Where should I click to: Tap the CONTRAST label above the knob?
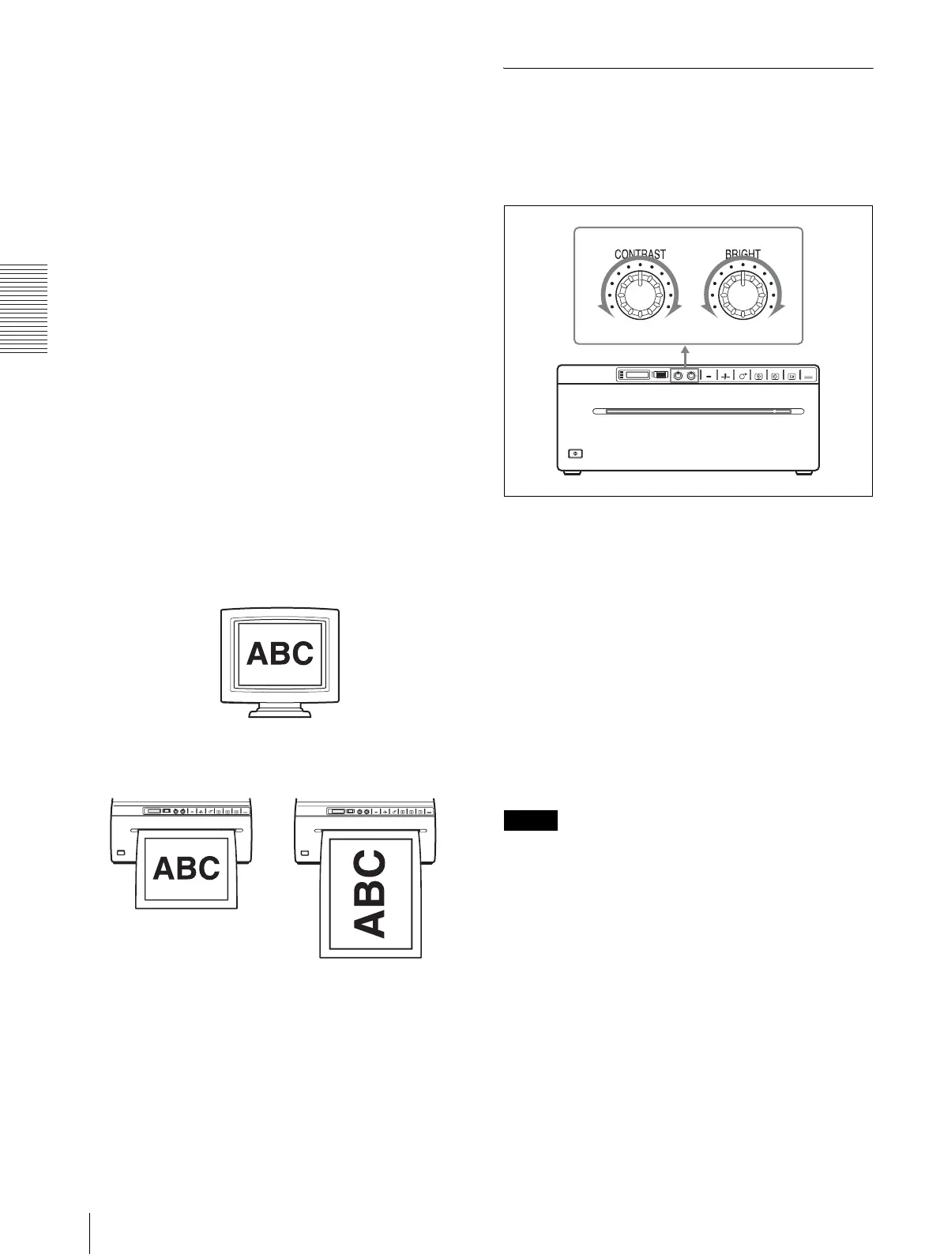click(x=640, y=254)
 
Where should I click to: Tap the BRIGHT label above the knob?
click(x=743, y=254)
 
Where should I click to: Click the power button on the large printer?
click(x=576, y=453)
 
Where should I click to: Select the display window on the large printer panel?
click(x=636, y=376)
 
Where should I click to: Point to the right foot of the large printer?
click(x=803, y=473)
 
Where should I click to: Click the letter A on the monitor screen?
click(x=258, y=653)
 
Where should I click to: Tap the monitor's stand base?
click(x=280, y=712)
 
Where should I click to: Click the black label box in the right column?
click(x=530, y=820)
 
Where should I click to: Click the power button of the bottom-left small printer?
click(x=120, y=853)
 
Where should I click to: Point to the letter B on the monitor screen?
click(x=280, y=653)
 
